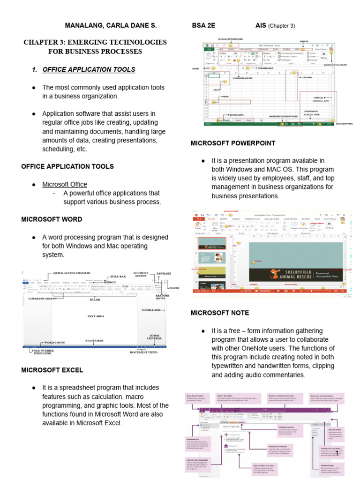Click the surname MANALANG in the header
(x=83, y=25)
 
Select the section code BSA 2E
(x=203, y=25)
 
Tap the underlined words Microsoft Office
(x=64, y=184)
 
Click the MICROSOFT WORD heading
(x=52, y=219)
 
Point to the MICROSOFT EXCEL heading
(x=52, y=370)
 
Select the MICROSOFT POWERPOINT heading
(x=233, y=143)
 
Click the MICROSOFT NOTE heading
(x=220, y=313)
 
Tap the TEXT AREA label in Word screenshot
(x=95, y=316)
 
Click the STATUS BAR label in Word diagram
(x=94, y=340)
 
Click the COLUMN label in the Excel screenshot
(x=307, y=77)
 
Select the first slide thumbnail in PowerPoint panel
(x=212, y=243)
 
